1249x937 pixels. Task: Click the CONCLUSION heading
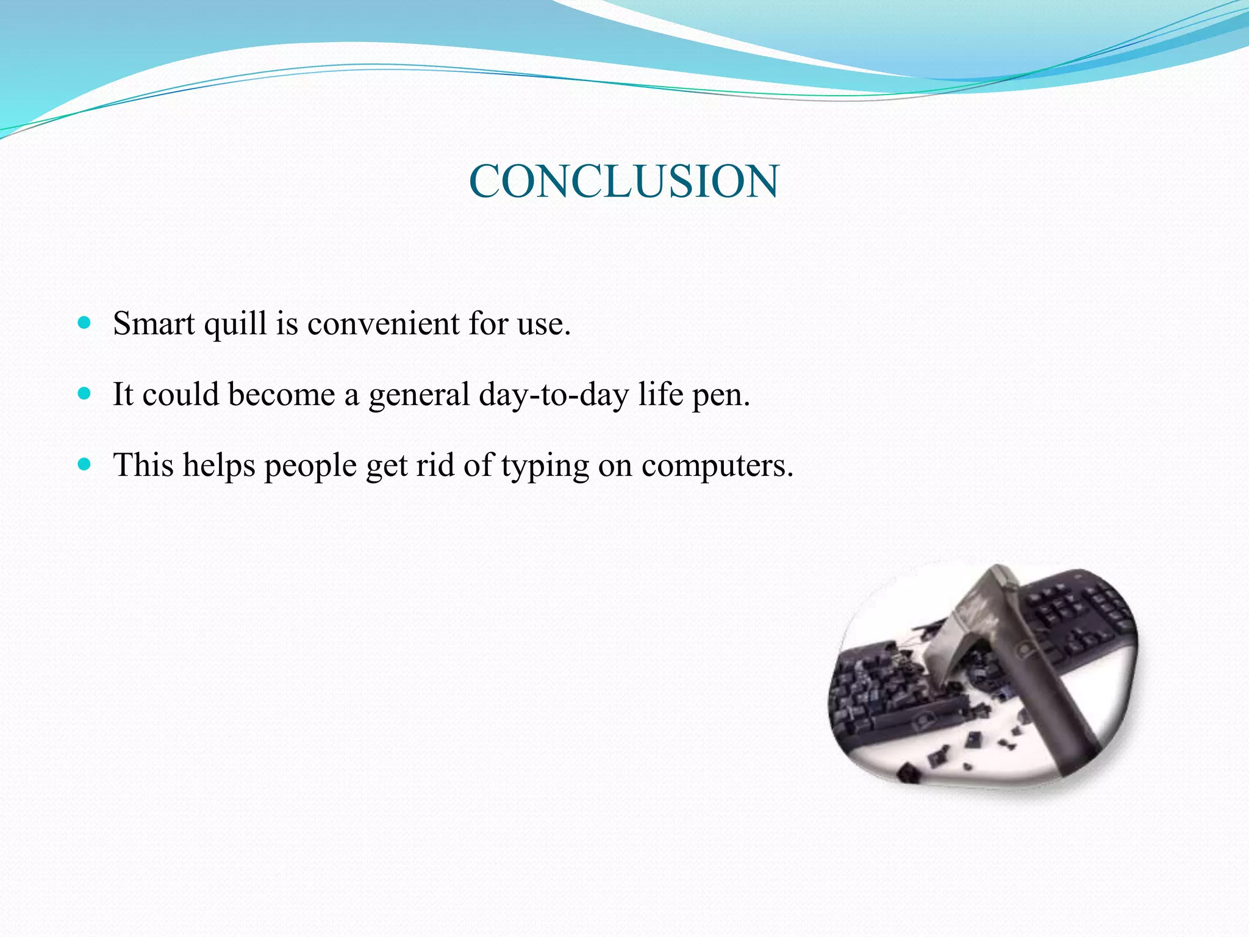coord(623,182)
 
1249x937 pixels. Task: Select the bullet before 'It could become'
coord(85,393)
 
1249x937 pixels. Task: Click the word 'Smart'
coord(154,323)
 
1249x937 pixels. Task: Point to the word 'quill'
coord(235,325)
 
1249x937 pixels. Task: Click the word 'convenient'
coord(383,323)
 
